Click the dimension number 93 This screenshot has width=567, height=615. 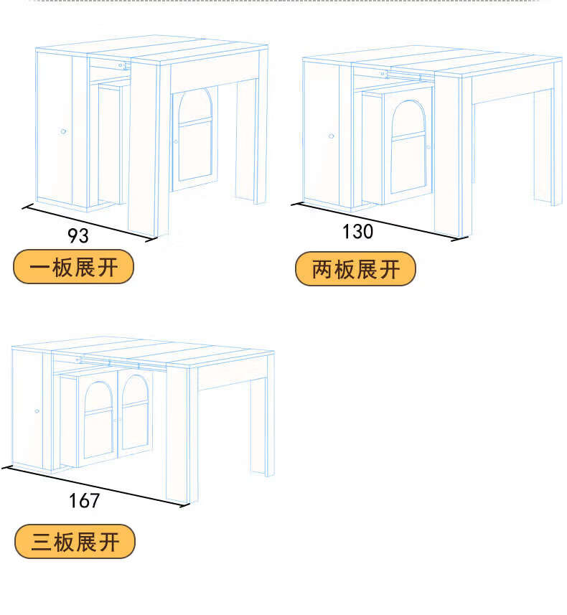(78, 235)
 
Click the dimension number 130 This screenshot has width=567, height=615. (357, 231)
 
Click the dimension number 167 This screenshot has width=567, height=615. (85, 500)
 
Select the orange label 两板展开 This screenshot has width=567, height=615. (356, 269)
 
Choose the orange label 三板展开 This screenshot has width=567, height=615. (75, 541)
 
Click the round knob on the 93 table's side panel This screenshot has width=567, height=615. (63, 131)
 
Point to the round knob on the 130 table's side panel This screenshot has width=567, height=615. (331, 136)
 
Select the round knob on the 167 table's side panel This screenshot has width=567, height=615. (37, 411)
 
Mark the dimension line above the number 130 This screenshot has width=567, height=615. (373, 221)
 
